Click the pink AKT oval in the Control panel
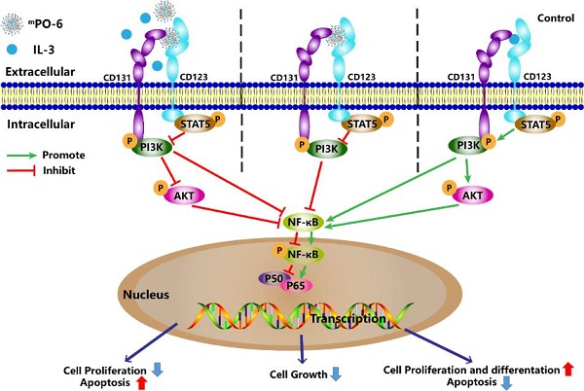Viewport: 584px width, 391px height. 473,195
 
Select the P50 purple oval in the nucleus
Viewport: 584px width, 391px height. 273,278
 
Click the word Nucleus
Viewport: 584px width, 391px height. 146,295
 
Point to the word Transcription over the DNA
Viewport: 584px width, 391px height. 347,319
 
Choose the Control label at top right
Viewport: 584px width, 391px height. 556,18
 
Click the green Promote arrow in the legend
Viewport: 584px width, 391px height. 21,156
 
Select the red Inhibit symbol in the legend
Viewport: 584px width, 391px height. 21,171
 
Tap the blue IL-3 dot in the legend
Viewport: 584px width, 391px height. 14,49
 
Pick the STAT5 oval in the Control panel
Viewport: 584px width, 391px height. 535,124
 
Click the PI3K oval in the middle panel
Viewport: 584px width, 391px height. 327,149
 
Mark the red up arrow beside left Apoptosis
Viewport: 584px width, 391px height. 141,383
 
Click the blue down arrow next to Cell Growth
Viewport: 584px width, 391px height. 337,373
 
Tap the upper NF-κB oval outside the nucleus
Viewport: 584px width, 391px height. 303,222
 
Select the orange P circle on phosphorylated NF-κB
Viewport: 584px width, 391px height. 279,250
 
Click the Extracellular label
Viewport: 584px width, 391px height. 40,71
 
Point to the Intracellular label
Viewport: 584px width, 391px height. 41,124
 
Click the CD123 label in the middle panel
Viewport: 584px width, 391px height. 361,77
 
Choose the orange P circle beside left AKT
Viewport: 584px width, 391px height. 161,188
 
